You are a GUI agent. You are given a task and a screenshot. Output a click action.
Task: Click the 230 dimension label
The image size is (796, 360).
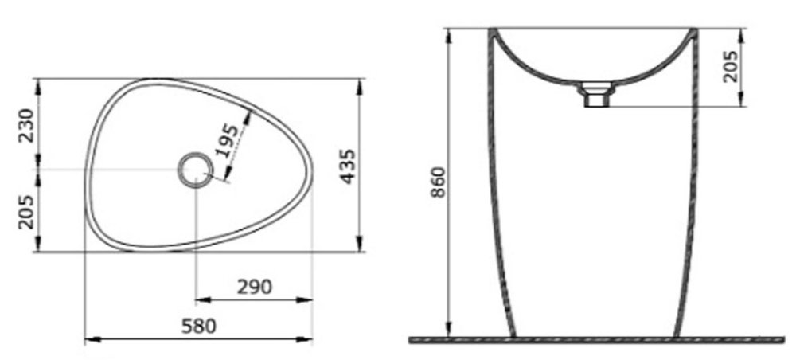point(27,126)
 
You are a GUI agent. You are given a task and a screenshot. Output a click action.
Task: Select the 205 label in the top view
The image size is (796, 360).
point(27,212)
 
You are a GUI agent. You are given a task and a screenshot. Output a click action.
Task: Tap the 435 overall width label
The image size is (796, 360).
point(348,166)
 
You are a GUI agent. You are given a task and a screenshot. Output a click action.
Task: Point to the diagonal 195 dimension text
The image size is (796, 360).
point(226,140)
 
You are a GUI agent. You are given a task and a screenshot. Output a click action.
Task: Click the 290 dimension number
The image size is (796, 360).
point(255,287)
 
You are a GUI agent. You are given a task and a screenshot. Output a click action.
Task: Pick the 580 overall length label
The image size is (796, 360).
point(199,326)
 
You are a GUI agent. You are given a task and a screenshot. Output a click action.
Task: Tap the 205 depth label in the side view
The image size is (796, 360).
point(731,66)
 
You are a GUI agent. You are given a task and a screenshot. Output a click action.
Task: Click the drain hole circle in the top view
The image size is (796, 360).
point(196,170)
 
